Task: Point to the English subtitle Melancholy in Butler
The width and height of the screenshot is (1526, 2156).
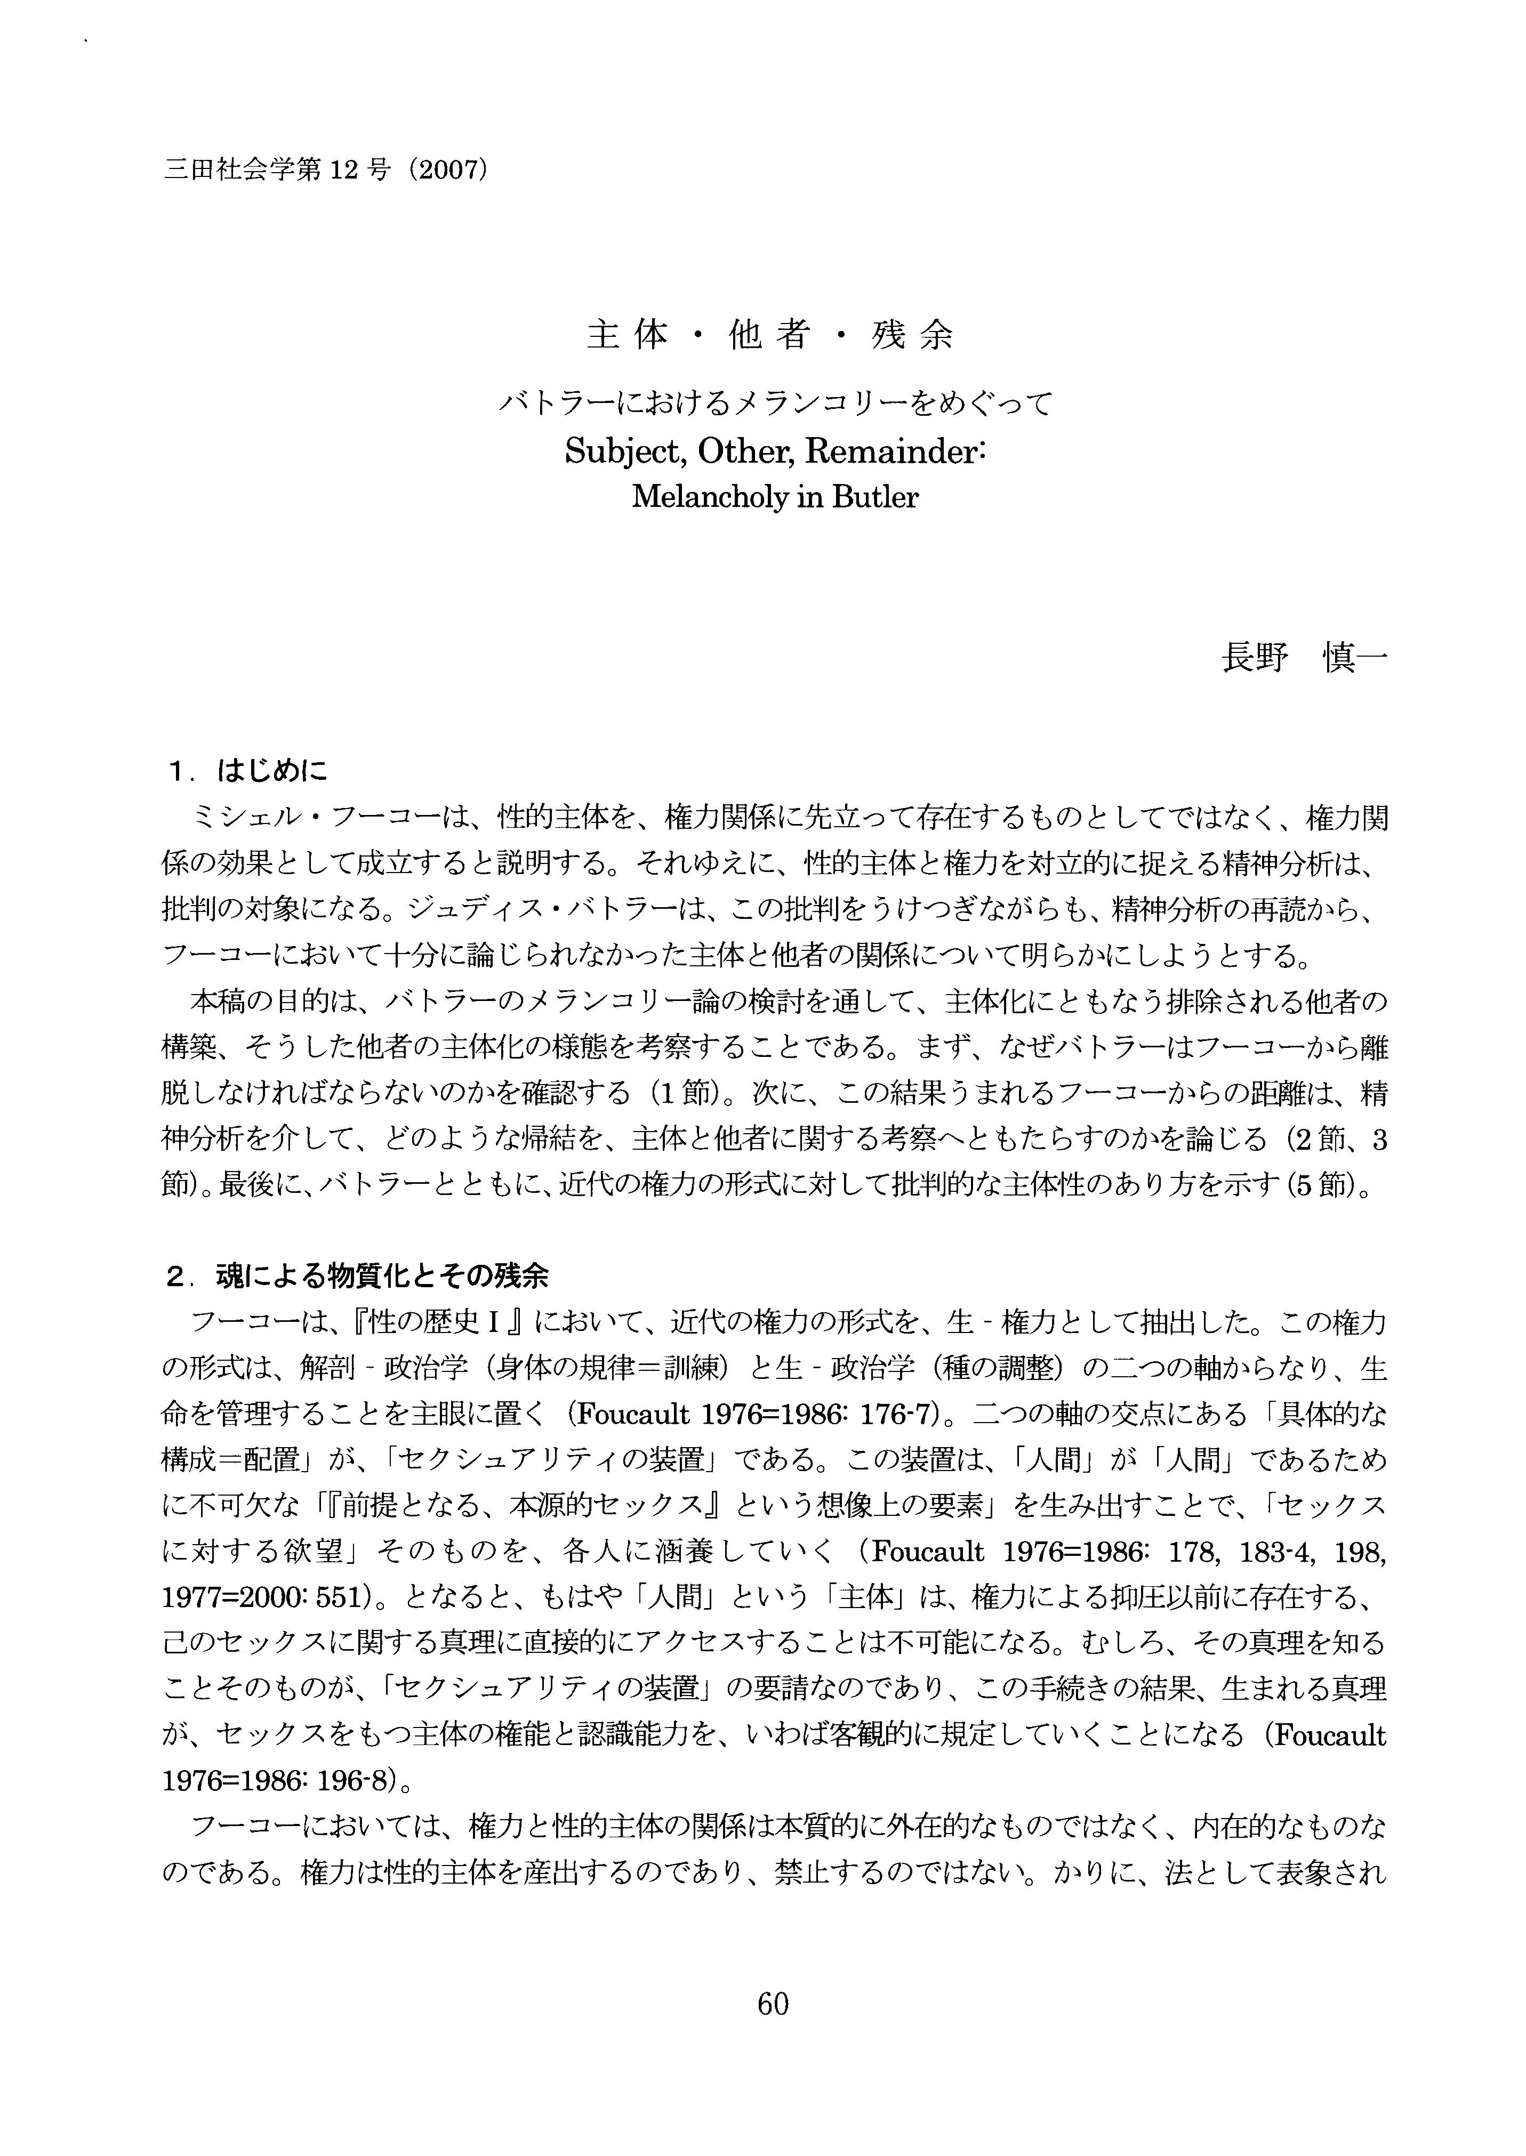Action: pos(774,497)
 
